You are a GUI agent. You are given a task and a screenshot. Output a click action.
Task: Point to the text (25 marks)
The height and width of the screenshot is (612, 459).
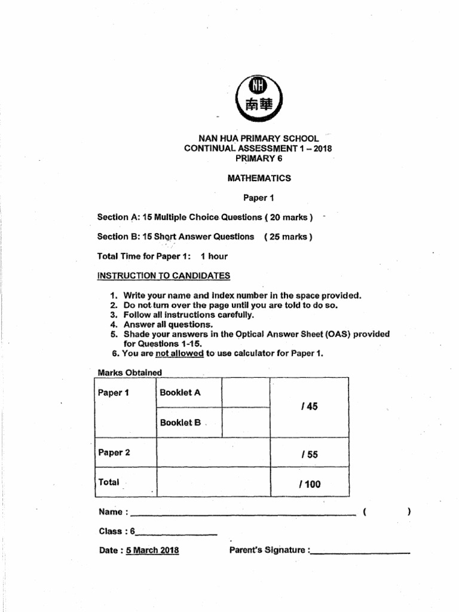point(288,237)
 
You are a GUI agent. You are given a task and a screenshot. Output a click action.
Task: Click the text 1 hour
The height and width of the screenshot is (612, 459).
point(214,256)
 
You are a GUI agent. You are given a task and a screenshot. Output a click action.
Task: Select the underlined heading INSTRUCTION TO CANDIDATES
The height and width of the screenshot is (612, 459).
point(163,276)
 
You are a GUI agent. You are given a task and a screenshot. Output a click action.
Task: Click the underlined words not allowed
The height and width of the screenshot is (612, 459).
point(179,353)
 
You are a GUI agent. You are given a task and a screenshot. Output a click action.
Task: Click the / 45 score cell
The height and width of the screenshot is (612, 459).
point(310,407)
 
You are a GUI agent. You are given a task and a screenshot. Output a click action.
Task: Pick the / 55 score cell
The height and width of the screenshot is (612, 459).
point(310,454)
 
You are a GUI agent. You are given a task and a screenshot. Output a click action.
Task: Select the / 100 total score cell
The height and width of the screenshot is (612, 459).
point(310,484)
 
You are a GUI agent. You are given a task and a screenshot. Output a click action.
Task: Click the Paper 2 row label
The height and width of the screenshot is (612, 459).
point(114,452)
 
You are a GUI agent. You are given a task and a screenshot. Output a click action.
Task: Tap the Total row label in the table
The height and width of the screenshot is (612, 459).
point(109,482)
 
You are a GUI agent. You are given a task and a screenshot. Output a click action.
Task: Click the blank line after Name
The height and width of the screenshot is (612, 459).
point(242,514)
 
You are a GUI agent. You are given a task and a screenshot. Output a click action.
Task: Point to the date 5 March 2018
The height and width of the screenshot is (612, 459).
point(152,550)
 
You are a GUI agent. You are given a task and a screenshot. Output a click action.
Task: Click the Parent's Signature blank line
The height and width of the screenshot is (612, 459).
point(360,553)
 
